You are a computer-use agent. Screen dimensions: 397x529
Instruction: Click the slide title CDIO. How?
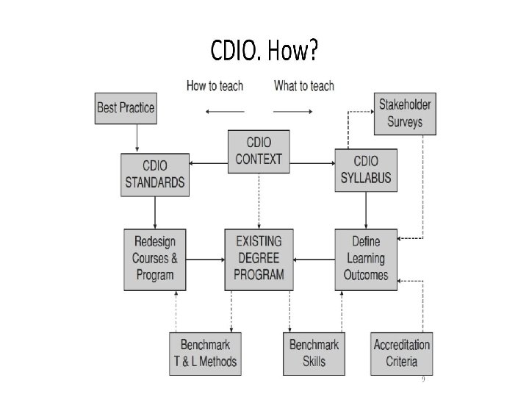(x=264, y=52)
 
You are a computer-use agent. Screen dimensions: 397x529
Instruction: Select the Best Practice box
(x=126, y=107)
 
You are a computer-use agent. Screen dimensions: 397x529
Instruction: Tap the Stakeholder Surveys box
(x=404, y=112)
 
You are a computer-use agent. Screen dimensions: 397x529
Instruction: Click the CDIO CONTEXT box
(x=259, y=151)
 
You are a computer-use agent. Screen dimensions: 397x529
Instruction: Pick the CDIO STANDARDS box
(x=154, y=174)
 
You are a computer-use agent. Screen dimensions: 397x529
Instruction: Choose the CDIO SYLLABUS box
(x=365, y=169)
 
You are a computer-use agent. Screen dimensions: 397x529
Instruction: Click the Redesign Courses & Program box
(x=154, y=258)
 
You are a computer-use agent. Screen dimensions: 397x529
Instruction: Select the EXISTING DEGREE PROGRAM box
(x=259, y=258)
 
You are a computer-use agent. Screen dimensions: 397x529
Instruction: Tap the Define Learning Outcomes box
(x=366, y=258)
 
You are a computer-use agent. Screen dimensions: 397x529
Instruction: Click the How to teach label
(x=215, y=86)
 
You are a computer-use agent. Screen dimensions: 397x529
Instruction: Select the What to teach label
(x=303, y=86)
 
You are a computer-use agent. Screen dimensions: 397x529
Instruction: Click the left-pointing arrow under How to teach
(x=224, y=111)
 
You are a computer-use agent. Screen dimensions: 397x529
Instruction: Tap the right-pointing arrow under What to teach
(x=293, y=111)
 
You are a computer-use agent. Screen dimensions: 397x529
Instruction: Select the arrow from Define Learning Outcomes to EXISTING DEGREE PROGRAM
(x=314, y=258)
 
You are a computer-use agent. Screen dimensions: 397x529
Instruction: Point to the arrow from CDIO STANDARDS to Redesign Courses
(x=154, y=212)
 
